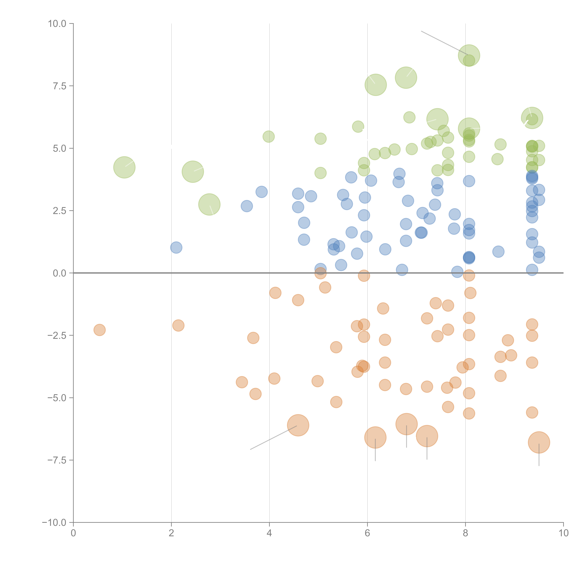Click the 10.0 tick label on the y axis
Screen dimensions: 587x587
click(57, 24)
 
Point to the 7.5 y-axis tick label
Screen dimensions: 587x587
click(60, 86)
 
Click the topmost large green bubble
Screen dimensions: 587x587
click(469, 55)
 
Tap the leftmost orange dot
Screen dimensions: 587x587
click(99, 330)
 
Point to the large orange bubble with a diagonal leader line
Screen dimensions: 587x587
click(298, 425)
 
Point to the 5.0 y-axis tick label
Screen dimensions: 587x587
click(60, 149)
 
